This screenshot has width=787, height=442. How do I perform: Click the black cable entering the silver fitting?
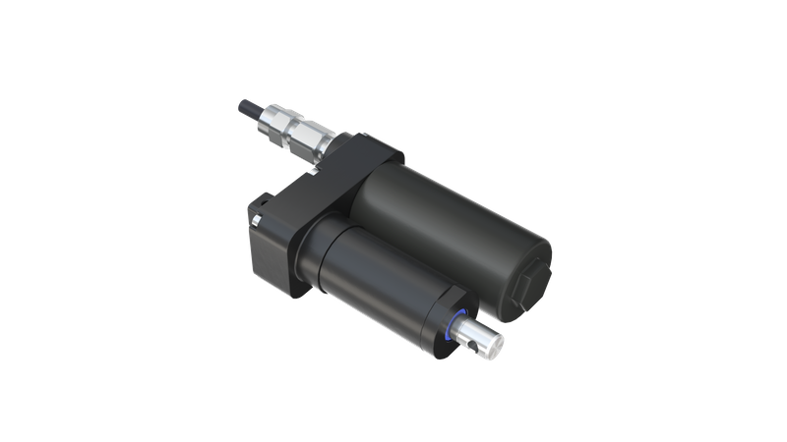(x=246, y=103)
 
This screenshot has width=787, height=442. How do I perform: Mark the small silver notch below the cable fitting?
(x=313, y=172)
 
